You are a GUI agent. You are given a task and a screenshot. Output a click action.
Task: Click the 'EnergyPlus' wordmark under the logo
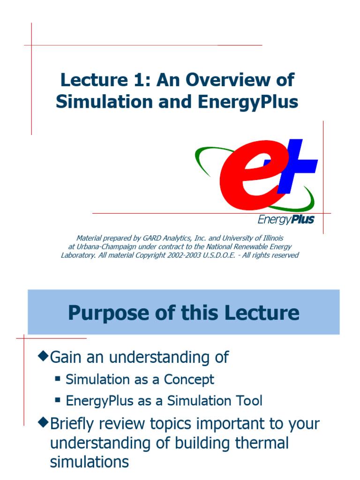click(x=286, y=219)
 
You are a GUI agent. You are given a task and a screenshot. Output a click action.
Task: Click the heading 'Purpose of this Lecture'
click(x=183, y=313)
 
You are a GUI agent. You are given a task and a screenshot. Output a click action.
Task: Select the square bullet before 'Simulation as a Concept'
click(x=58, y=378)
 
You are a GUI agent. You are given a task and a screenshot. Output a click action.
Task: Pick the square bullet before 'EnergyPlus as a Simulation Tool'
click(x=58, y=400)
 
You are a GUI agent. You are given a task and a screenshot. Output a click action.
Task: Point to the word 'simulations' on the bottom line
click(x=89, y=462)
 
